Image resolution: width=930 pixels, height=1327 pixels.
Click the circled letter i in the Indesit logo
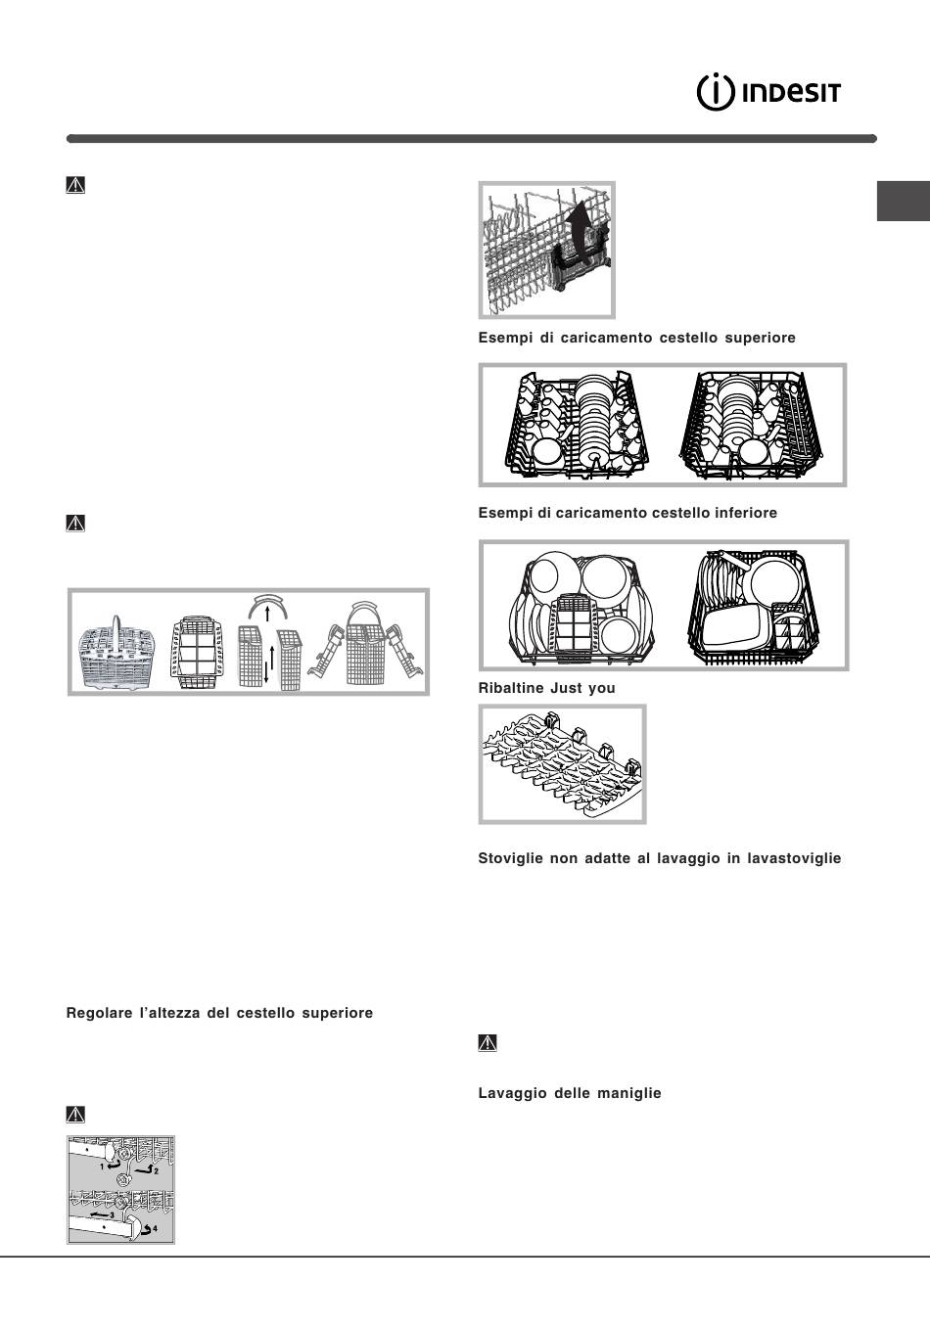click(716, 92)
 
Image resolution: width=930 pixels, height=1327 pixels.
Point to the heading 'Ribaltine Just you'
click(546, 688)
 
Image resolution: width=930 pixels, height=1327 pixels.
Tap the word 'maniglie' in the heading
click(629, 1093)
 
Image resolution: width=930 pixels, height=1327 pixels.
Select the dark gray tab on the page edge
click(903, 201)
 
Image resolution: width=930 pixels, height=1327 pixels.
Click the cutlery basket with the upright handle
click(117, 654)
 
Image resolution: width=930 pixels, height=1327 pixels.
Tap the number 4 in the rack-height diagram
click(155, 1229)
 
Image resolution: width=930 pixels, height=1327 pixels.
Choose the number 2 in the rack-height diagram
click(155, 1170)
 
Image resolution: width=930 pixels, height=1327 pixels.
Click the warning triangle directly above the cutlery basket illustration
click(75, 524)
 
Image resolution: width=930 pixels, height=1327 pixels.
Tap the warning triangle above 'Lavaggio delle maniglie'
click(488, 1043)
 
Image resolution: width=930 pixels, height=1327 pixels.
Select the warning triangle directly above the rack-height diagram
click(75, 1114)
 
